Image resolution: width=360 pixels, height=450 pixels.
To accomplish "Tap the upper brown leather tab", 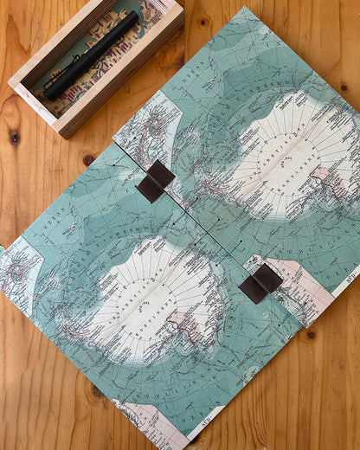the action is (156, 181).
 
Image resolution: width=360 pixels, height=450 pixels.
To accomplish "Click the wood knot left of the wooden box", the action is (14, 137).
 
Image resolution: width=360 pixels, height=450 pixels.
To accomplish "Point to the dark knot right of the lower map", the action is (311, 333).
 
